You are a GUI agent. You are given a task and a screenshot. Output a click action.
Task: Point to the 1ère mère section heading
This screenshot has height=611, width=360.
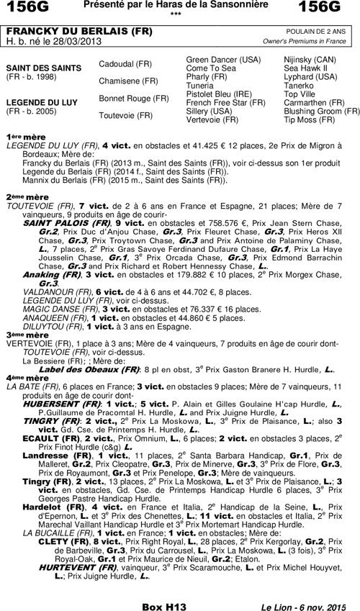[x=19, y=136]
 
